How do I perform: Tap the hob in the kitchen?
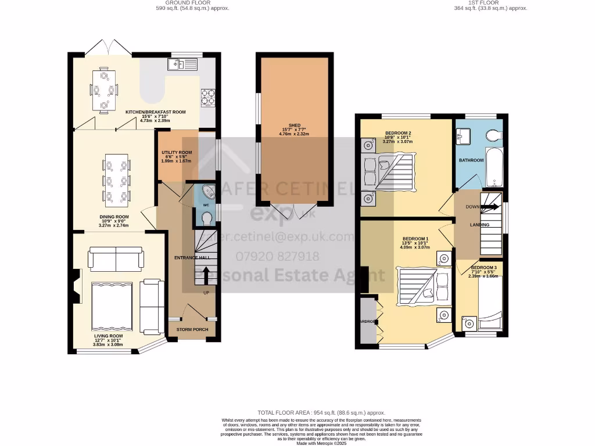(x=207, y=98)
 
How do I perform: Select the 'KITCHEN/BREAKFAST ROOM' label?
(x=156, y=112)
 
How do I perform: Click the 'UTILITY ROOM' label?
(x=177, y=152)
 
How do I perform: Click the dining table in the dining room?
(x=116, y=181)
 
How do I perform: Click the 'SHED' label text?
(x=294, y=124)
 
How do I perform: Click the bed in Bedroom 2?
(x=388, y=172)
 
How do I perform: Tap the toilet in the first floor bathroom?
(x=493, y=135)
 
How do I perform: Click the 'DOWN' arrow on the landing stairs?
(x=490, y=206)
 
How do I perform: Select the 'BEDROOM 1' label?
(x=415, y=239)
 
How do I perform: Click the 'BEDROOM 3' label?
(x=483, y=267)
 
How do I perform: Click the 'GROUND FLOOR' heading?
(x=192, y=3)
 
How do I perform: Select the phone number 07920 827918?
(x=277, y=256)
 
